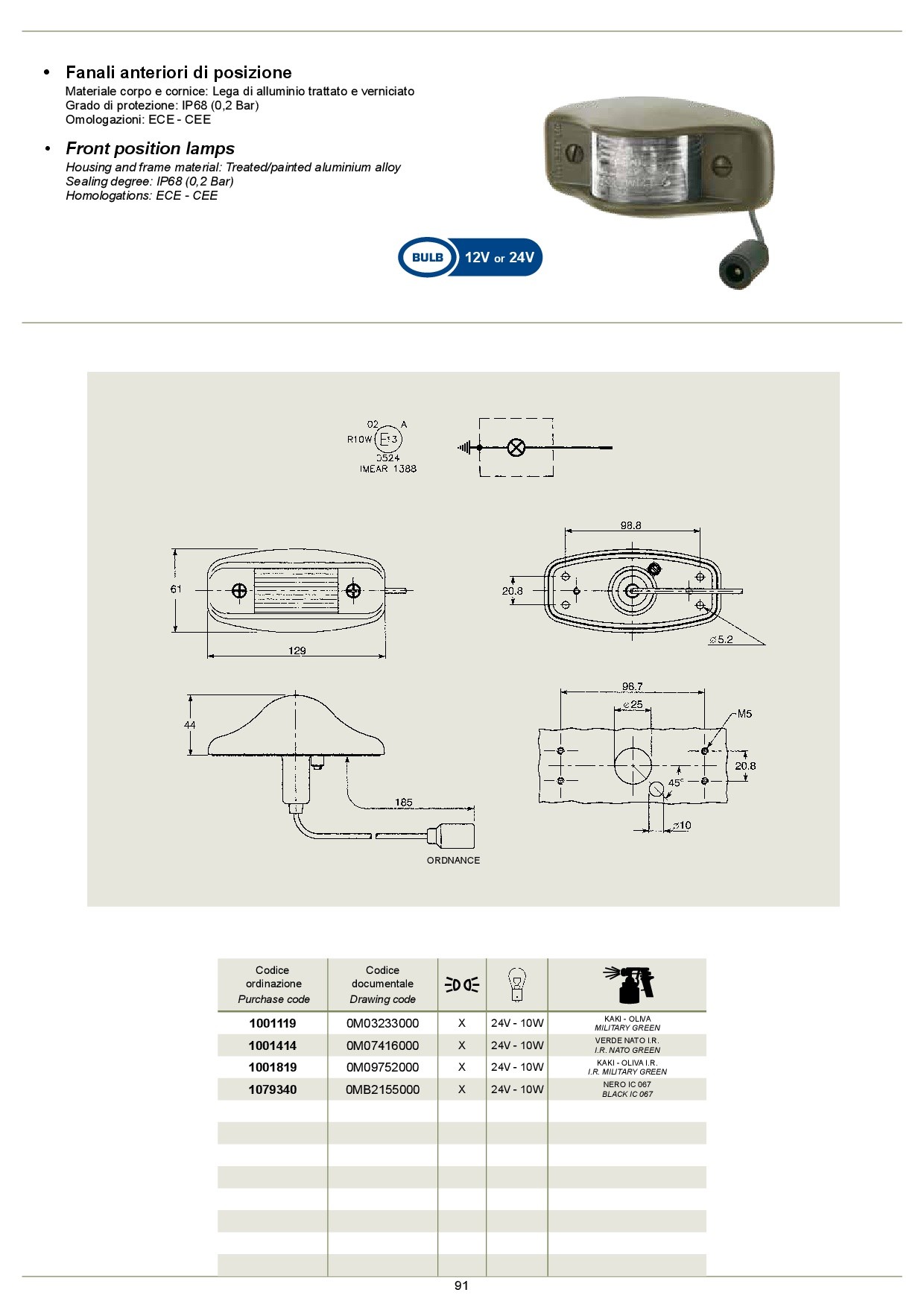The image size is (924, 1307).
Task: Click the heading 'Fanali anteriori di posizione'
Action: pos(179,72)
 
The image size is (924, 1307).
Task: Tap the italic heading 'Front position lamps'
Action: pos(150,148)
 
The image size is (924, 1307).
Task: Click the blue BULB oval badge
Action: pos(427,258)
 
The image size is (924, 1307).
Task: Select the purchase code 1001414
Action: pos(273,1045)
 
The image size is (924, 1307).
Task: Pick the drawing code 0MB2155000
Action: pos(382,1089)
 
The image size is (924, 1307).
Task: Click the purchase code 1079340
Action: pos(273,1089)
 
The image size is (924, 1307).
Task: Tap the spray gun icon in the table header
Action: pos(628,985)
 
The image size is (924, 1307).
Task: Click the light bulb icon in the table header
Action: pos(516,985)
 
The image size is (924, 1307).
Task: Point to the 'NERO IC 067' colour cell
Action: pos(627,1084)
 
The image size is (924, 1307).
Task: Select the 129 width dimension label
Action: pos(297,651)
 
